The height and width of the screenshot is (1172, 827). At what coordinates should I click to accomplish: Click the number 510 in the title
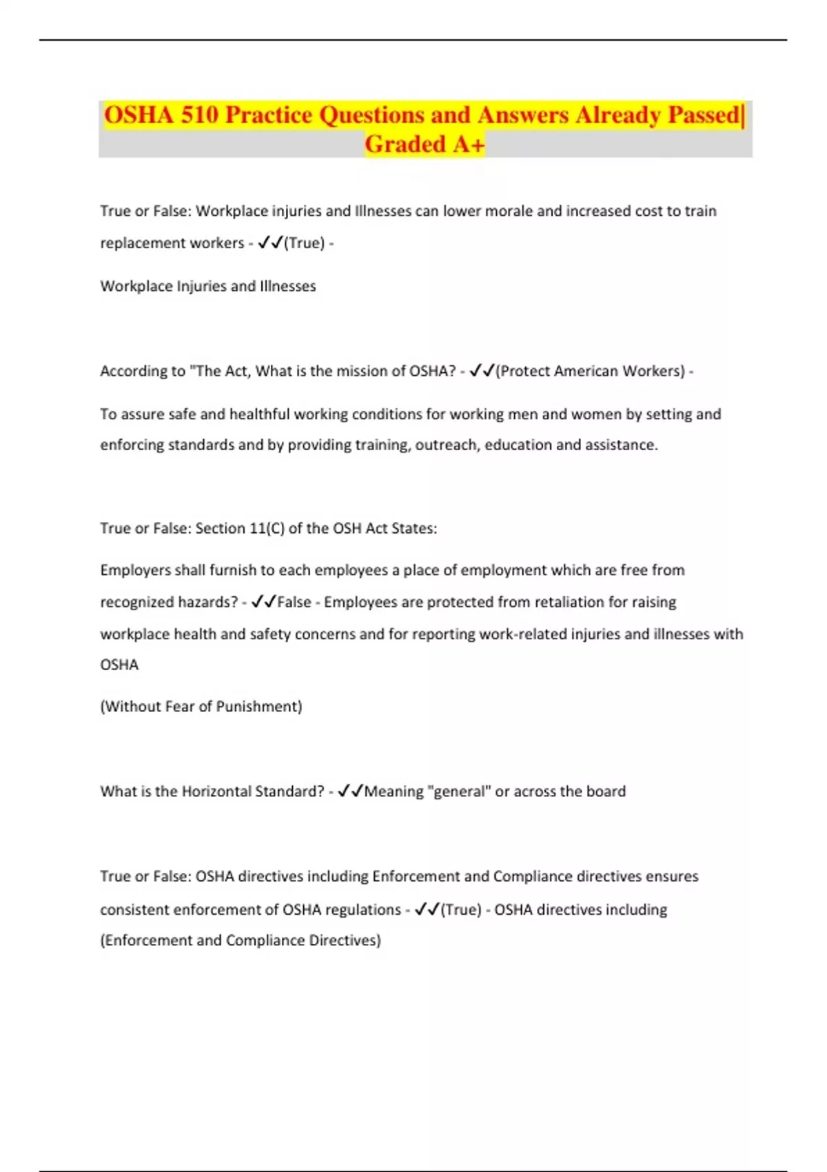coord(199,115)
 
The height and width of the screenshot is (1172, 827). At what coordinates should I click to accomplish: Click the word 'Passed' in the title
coord(704,115)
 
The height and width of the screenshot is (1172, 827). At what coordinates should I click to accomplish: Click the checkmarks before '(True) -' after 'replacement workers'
coord(270,243)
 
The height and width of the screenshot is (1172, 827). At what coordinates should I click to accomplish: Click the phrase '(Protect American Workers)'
coord(590,371)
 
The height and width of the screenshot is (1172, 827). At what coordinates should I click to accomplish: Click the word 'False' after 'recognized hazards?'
coord(294,602)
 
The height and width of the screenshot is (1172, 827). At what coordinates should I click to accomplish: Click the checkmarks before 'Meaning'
coord(350,791)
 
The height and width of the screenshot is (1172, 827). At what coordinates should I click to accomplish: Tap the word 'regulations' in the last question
coord(362,909)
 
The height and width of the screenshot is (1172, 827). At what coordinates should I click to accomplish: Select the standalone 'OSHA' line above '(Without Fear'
coord(119,665)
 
